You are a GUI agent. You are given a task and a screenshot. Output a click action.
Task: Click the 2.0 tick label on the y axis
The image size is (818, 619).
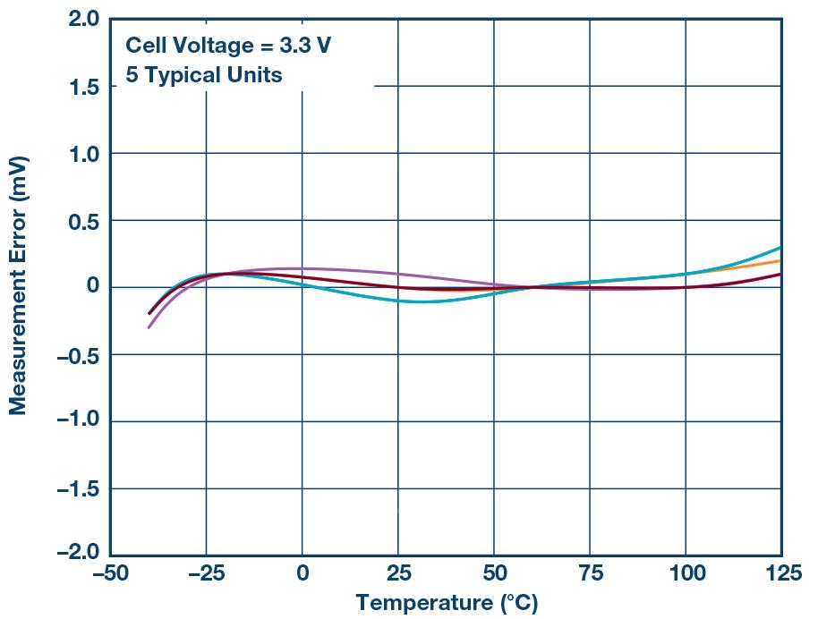[x=83, y=19]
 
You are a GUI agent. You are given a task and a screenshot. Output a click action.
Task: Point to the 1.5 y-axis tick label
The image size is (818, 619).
[x=83, y=86]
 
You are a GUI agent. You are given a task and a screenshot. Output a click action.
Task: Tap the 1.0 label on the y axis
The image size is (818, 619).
[x=83, y=154]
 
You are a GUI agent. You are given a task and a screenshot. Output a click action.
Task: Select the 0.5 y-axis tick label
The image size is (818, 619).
[x=83, y=221]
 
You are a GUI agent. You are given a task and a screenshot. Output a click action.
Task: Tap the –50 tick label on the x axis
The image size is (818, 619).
[x=110, y=573]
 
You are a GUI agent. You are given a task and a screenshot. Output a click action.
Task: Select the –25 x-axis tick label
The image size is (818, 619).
[x=206, y=573]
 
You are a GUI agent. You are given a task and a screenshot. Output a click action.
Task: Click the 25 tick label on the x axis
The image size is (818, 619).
[x=397, y=573]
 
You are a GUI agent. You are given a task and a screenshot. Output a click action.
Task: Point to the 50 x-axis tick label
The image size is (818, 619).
[x=493, y=573]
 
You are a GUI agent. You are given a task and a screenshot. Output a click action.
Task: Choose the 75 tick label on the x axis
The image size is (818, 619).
[x=589, y=573]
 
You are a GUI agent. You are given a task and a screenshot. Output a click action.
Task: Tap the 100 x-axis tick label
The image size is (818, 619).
[x=685, y=573]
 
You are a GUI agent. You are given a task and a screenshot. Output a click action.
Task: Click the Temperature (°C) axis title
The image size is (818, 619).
[x=447, y=603]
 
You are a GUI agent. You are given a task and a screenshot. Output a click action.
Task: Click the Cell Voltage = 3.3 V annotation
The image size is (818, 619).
[x=227, y=45]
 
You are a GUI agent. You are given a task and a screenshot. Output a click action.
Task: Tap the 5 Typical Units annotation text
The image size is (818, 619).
[x=203, y=74]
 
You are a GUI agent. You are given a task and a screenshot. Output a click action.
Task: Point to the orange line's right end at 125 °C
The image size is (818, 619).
[x=780, y=260]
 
